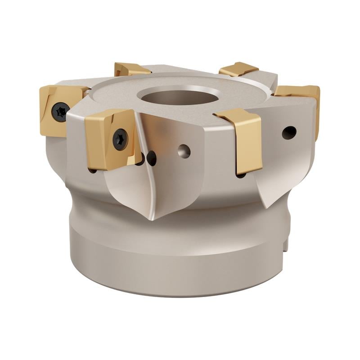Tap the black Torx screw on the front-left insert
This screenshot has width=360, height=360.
tap(120, 139)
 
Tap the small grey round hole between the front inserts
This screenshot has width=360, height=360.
tap(184, 151)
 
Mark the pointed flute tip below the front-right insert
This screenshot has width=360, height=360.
tap(269, 205)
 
